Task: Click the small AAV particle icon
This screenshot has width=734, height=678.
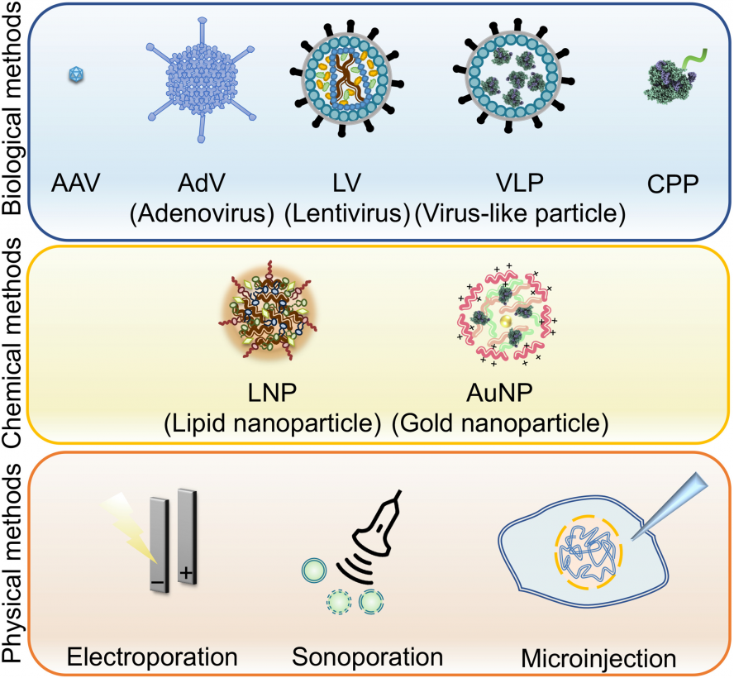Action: pyautogui.click(x=77, y=75)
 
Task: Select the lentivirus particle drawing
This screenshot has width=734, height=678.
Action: pyautogui.click(x=344, y=79)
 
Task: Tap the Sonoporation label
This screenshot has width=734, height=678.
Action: pyautogui.click(x=366, y=658)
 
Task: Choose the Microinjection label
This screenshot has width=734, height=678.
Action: pyautogui.click(x=598, y=660)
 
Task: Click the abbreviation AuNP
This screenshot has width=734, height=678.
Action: pyautogui.click(x=502, y=393)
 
